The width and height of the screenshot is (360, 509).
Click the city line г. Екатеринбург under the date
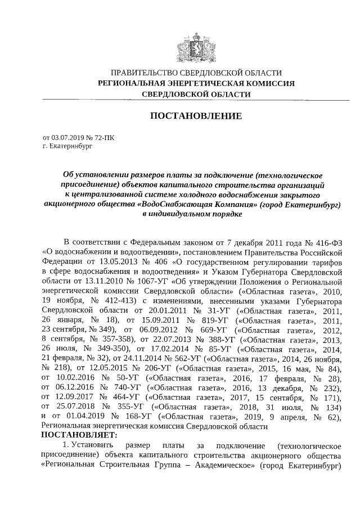click(67, 146)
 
